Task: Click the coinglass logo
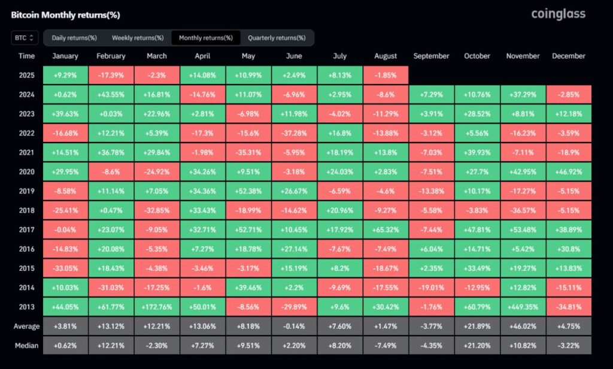click(x=558, y=14)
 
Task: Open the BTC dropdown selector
click(x=25, y=38)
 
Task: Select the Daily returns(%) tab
click(x=74, y=38)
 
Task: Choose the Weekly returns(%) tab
click(x=138, y=38)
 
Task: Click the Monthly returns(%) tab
click(x=206, y=38)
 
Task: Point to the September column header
click(x=431, y=56)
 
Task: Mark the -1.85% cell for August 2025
click(x=386, y=76)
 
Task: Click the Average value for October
click(x=477, y=326)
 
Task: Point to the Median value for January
click(x=65, y=345)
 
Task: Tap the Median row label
click(x=26, y=345)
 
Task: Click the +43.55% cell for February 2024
click(x=111, y=94)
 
